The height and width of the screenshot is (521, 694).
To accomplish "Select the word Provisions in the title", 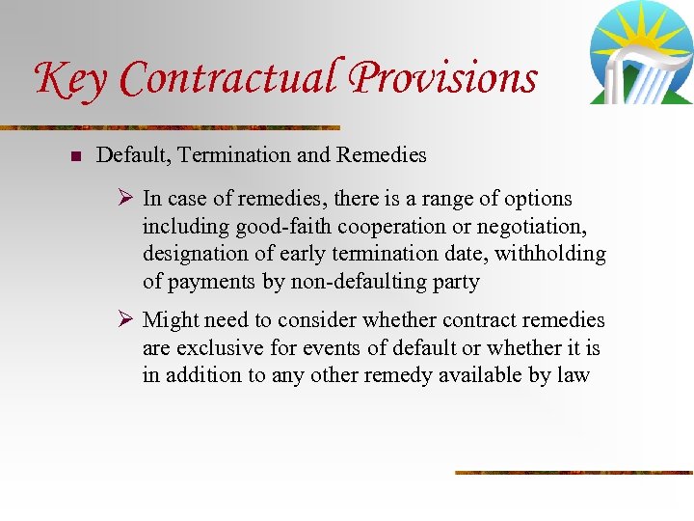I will click(x=443, y=77).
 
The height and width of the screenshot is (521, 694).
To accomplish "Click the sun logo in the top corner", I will click(x=641, y=53).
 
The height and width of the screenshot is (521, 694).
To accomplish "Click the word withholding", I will click(x=550, y=254).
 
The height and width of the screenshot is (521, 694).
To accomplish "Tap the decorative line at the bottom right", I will click(x=574, y=473).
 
